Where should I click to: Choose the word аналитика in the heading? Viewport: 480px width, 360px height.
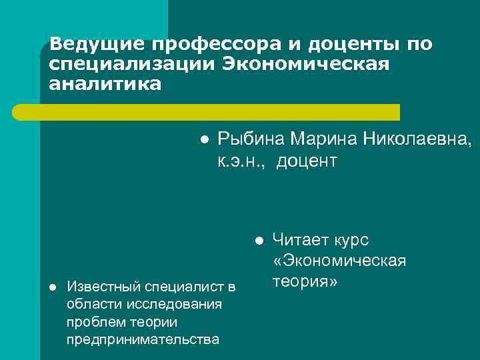coord(105,85)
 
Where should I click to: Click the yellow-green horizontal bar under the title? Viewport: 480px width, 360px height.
coord(220,112)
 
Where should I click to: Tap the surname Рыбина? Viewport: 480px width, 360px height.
coord(251,139)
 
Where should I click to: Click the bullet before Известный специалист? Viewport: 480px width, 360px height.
coord(53,287)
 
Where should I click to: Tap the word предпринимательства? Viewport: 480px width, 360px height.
coord(143,339)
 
